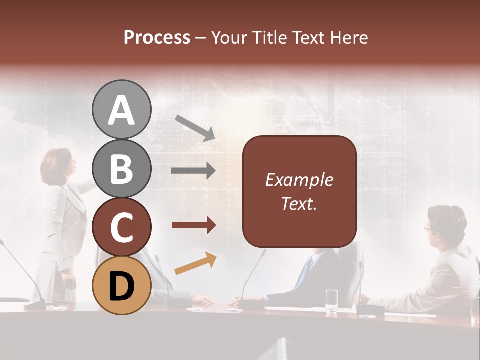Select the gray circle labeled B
tap(121, 168)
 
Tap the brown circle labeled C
tap(121, 227)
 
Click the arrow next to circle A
tap(195, 127)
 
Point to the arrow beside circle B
tap(193, 171)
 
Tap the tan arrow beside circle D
tap(195, 264)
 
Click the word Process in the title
tap(157, 37)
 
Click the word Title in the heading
tap(270, 37)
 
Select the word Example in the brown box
tap(299, 180)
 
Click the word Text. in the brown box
tap(299, 203)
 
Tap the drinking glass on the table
tap(331, 301)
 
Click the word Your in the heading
tap(228, 37)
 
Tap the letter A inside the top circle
tap(121, 110)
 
